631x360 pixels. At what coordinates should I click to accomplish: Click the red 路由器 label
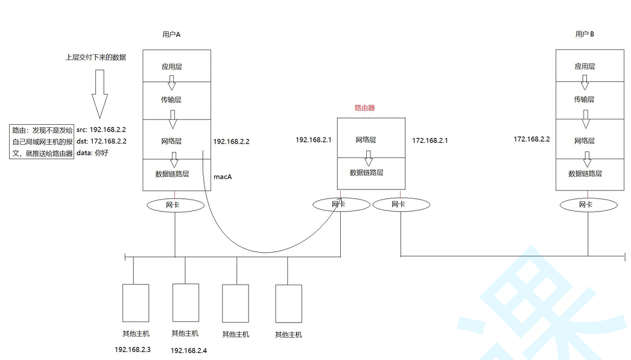(x=364, y=108)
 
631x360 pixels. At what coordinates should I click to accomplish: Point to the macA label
(x=223, y=177)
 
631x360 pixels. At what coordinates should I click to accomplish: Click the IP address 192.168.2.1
(x=314, y=139)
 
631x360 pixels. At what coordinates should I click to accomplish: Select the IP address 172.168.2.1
(x=430, y=140)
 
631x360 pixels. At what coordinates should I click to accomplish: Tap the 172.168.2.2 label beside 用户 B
(x=531, y=139)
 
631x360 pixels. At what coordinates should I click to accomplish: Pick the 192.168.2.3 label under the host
(x=133, y=349)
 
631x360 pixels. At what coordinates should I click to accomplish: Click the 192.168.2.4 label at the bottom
(x=189, y=350)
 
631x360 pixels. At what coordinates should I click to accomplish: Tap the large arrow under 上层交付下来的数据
(x=100, y=93)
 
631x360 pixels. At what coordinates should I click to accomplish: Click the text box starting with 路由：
(x=42, y=141)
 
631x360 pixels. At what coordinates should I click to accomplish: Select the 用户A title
(x=171, y=34)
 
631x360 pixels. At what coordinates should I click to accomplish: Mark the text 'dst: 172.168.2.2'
(x=101, y=141)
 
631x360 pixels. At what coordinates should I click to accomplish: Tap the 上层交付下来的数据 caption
(x=96, y=57)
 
